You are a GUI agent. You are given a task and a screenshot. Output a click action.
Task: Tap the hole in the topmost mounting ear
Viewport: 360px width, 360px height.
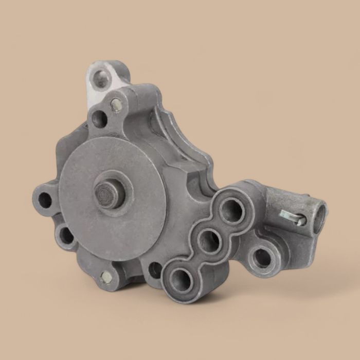[x=102, y=79]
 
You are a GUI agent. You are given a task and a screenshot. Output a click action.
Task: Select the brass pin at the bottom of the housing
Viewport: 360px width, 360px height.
[x=106, y=277]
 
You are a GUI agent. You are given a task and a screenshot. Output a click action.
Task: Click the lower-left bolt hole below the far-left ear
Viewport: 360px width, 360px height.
[x=66, y=236]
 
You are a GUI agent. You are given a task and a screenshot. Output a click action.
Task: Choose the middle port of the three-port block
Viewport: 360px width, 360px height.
[x=209, y=241]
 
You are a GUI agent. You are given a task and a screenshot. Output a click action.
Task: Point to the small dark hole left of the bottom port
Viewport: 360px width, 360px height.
[x=154, y=269]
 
